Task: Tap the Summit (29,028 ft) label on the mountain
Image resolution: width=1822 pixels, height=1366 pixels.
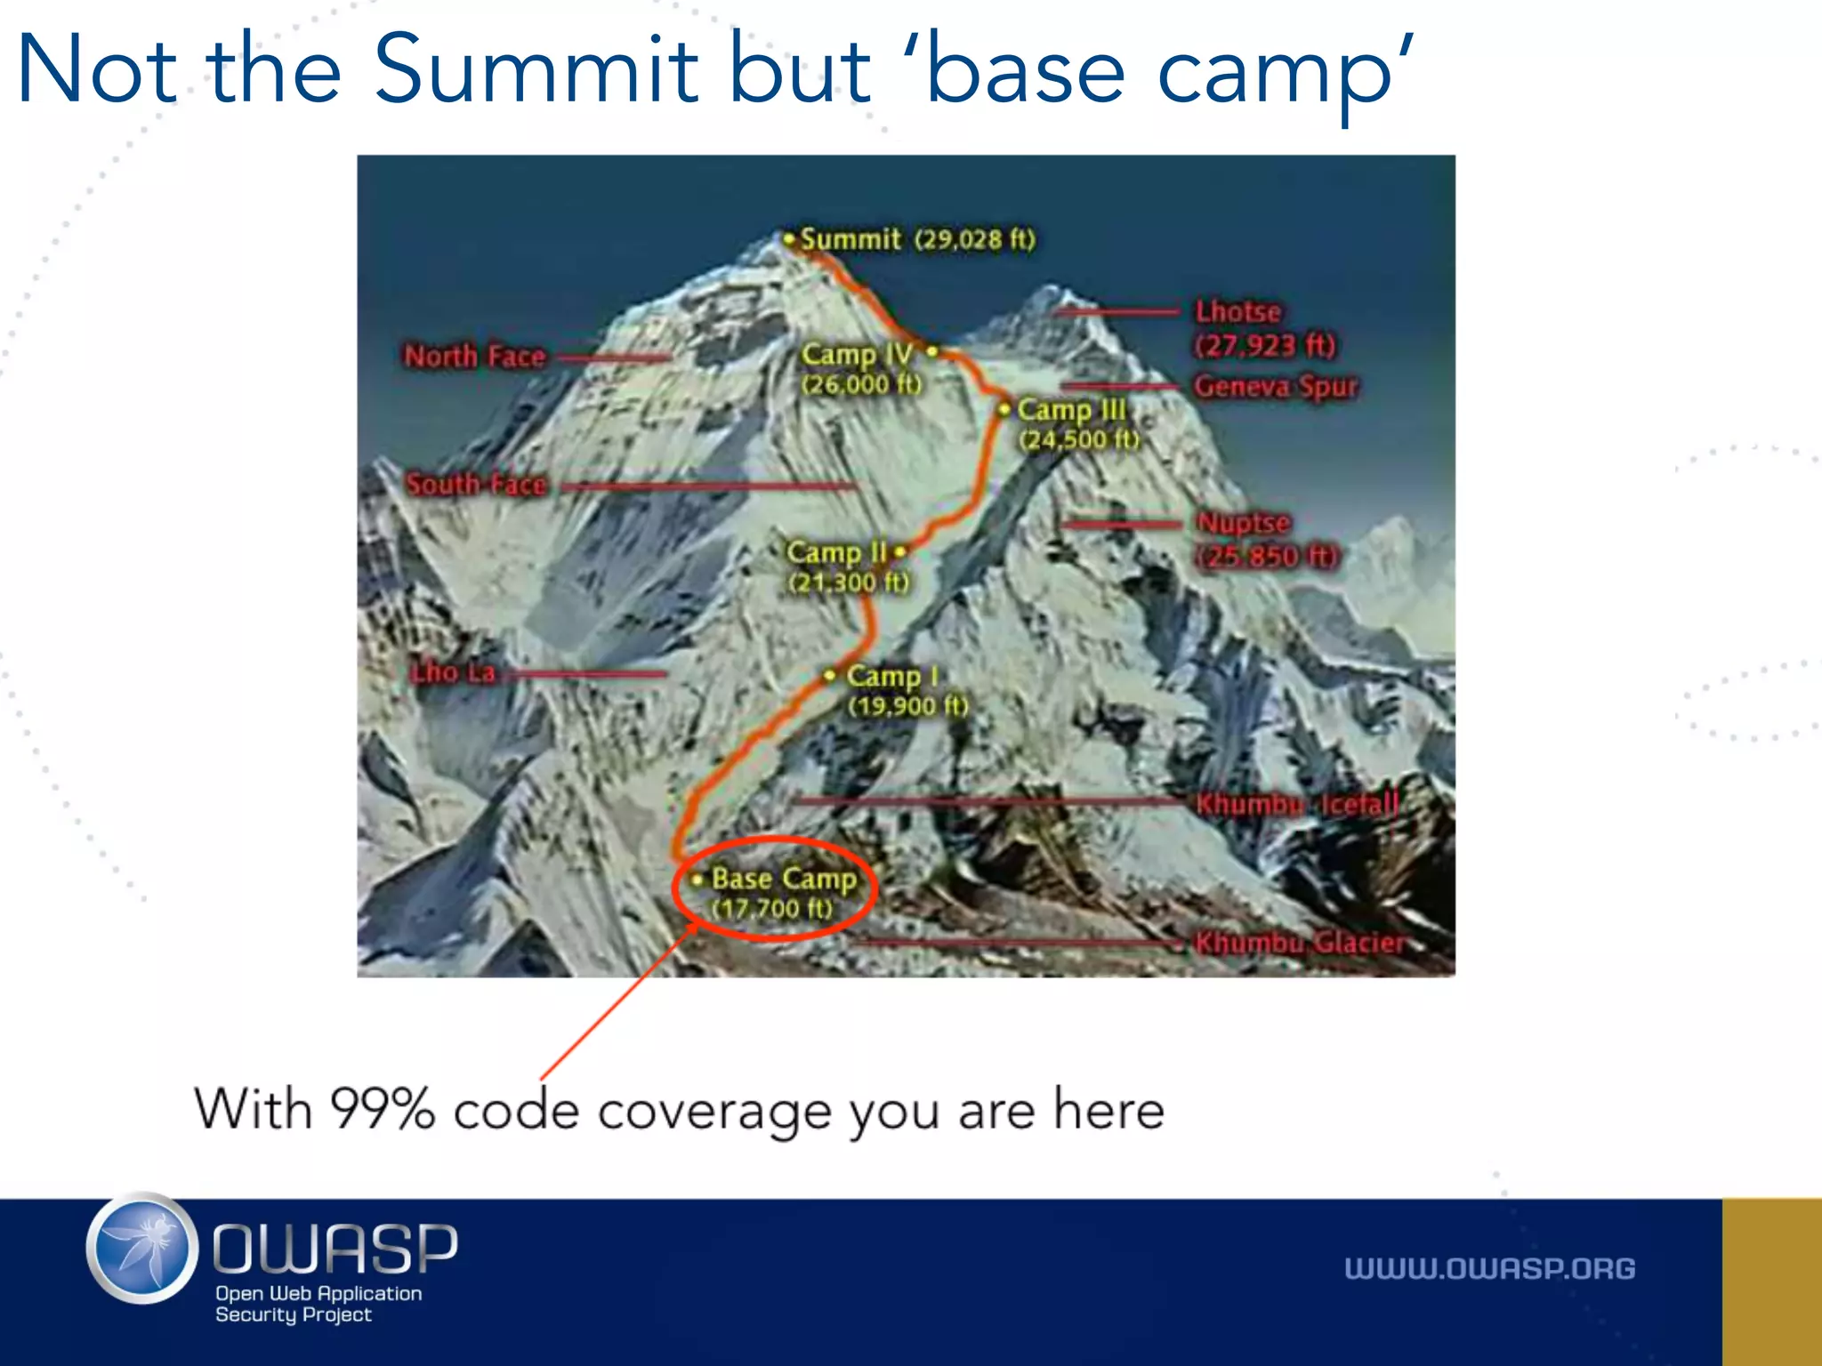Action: [917, 239]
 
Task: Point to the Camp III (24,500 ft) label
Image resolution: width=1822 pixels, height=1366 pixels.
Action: [1077, 423]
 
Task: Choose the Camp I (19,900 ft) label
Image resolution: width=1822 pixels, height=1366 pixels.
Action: [906, 690]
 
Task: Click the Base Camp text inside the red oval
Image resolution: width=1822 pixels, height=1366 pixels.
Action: [783, 880]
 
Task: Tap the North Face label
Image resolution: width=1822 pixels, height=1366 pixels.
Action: [474, 357]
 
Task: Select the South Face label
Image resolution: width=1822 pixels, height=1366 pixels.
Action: [476, 485]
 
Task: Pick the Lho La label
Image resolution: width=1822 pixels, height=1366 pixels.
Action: [452, 672]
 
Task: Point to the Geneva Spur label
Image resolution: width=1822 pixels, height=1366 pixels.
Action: [1275, 386]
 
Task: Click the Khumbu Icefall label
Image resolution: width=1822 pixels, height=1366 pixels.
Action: [1296, 804]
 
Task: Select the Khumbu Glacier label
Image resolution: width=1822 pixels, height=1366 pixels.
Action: [1299, 943]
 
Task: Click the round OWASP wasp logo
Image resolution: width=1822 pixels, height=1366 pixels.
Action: [142, 1249]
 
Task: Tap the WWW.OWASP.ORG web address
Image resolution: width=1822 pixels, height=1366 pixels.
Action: [1489, 1268]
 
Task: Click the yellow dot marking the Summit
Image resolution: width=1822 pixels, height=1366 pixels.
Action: [788, 238]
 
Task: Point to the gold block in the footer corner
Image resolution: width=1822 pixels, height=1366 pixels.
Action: [1771, 1282]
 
